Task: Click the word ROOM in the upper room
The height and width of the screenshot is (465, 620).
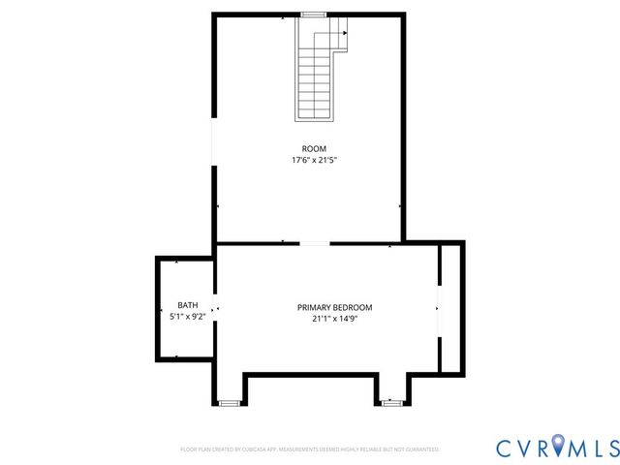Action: (x=307, y=148)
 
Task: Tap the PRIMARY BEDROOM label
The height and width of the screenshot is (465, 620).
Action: (x=334, y=307)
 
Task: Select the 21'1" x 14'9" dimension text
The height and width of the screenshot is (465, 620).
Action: (x=334, y=318)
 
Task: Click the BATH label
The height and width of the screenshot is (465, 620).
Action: (x=187, y=305)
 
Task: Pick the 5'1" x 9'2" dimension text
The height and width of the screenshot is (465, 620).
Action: (x=187, y=316)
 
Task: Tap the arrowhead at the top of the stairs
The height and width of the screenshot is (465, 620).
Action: (x=345, y=32)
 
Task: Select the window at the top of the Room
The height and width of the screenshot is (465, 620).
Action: (x=312, y=15)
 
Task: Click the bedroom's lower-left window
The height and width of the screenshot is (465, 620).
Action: (x=229, y=402)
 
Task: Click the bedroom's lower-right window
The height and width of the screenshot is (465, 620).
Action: (x=391, y=402)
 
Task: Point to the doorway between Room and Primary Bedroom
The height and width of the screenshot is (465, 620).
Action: (x=314, y=243)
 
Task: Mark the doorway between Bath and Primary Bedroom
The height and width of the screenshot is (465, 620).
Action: (x=215, y=310)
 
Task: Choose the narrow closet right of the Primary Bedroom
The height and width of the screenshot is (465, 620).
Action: (x=450, y=308)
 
